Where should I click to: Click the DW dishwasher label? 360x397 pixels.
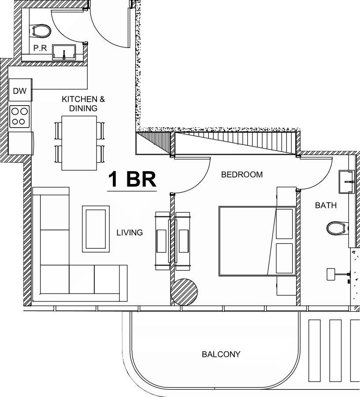click(x=20, y=91)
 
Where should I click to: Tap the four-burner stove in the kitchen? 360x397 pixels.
click(x=19, y=117)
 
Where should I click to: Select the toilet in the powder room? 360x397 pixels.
click(x=40, y=31)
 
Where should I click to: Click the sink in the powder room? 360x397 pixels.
click(x=64, y=52)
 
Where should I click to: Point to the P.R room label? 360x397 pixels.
click(x=40, y=48)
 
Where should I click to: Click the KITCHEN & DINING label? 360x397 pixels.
click(x=83, y=103)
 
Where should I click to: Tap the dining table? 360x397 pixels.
click(x=79, y=143)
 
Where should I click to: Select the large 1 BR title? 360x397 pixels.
click(x=132, y=179)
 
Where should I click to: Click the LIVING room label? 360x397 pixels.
click(x=130, y=232)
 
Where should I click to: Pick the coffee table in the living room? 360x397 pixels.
click(x=96, y=229)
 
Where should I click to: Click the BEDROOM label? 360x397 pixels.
click(x=242, y=174)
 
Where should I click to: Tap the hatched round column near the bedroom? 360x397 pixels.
click(x=184, y=292)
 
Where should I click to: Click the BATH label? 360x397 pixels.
click(x=326, y=205)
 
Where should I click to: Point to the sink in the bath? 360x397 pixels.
click(x=347, y=182)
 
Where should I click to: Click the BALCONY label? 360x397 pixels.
click(x=221, y=354)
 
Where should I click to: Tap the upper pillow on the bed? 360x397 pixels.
click(x=284, y=224)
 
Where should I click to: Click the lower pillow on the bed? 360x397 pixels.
click(x=284, y=258)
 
